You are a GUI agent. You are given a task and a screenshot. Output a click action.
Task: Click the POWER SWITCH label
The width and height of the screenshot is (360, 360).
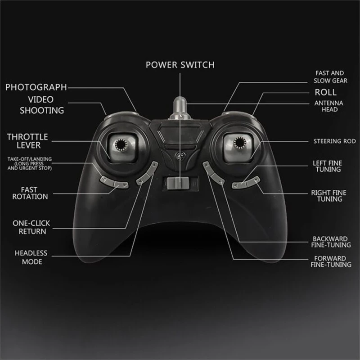point(180,65)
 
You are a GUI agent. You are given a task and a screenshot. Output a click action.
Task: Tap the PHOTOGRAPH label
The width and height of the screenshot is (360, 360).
point(36,87)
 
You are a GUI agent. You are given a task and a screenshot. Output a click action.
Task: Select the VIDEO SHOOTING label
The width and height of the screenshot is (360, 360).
point(41,105)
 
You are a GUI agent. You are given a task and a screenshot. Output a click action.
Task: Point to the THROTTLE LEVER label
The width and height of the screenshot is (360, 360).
point(27,141)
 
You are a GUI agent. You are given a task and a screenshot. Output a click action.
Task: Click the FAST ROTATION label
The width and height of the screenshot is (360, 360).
point(30,193)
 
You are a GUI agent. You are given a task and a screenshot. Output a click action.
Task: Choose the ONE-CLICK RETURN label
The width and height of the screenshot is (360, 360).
point(31,227)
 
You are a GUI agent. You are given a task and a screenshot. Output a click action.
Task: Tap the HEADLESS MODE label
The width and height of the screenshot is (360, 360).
point(31,257)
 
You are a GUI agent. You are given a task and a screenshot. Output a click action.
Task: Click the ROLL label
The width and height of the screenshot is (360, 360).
point(325,92)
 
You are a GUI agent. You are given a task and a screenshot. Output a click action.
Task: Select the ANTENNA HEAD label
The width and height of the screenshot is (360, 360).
point(329,106)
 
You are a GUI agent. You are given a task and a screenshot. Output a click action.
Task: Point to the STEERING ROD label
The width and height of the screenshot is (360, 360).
point(335,141)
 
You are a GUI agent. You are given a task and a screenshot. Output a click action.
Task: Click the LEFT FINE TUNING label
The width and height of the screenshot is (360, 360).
point(328,166)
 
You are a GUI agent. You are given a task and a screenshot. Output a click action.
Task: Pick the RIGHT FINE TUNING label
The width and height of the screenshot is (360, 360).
point(329,196)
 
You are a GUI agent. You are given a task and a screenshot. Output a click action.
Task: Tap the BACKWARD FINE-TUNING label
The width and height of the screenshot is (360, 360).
point(331,242)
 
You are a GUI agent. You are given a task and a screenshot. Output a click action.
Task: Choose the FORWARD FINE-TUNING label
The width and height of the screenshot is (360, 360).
point(331,261)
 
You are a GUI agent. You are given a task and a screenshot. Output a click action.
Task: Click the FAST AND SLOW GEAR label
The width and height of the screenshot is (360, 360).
point(330,77)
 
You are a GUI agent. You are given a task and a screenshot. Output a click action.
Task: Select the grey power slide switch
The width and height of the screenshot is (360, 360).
point(178,183)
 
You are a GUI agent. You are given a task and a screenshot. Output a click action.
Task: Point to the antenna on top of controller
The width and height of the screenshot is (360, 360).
point(180,108)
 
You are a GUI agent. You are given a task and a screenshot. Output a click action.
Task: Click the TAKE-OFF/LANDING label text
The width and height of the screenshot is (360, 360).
point(30,163)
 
